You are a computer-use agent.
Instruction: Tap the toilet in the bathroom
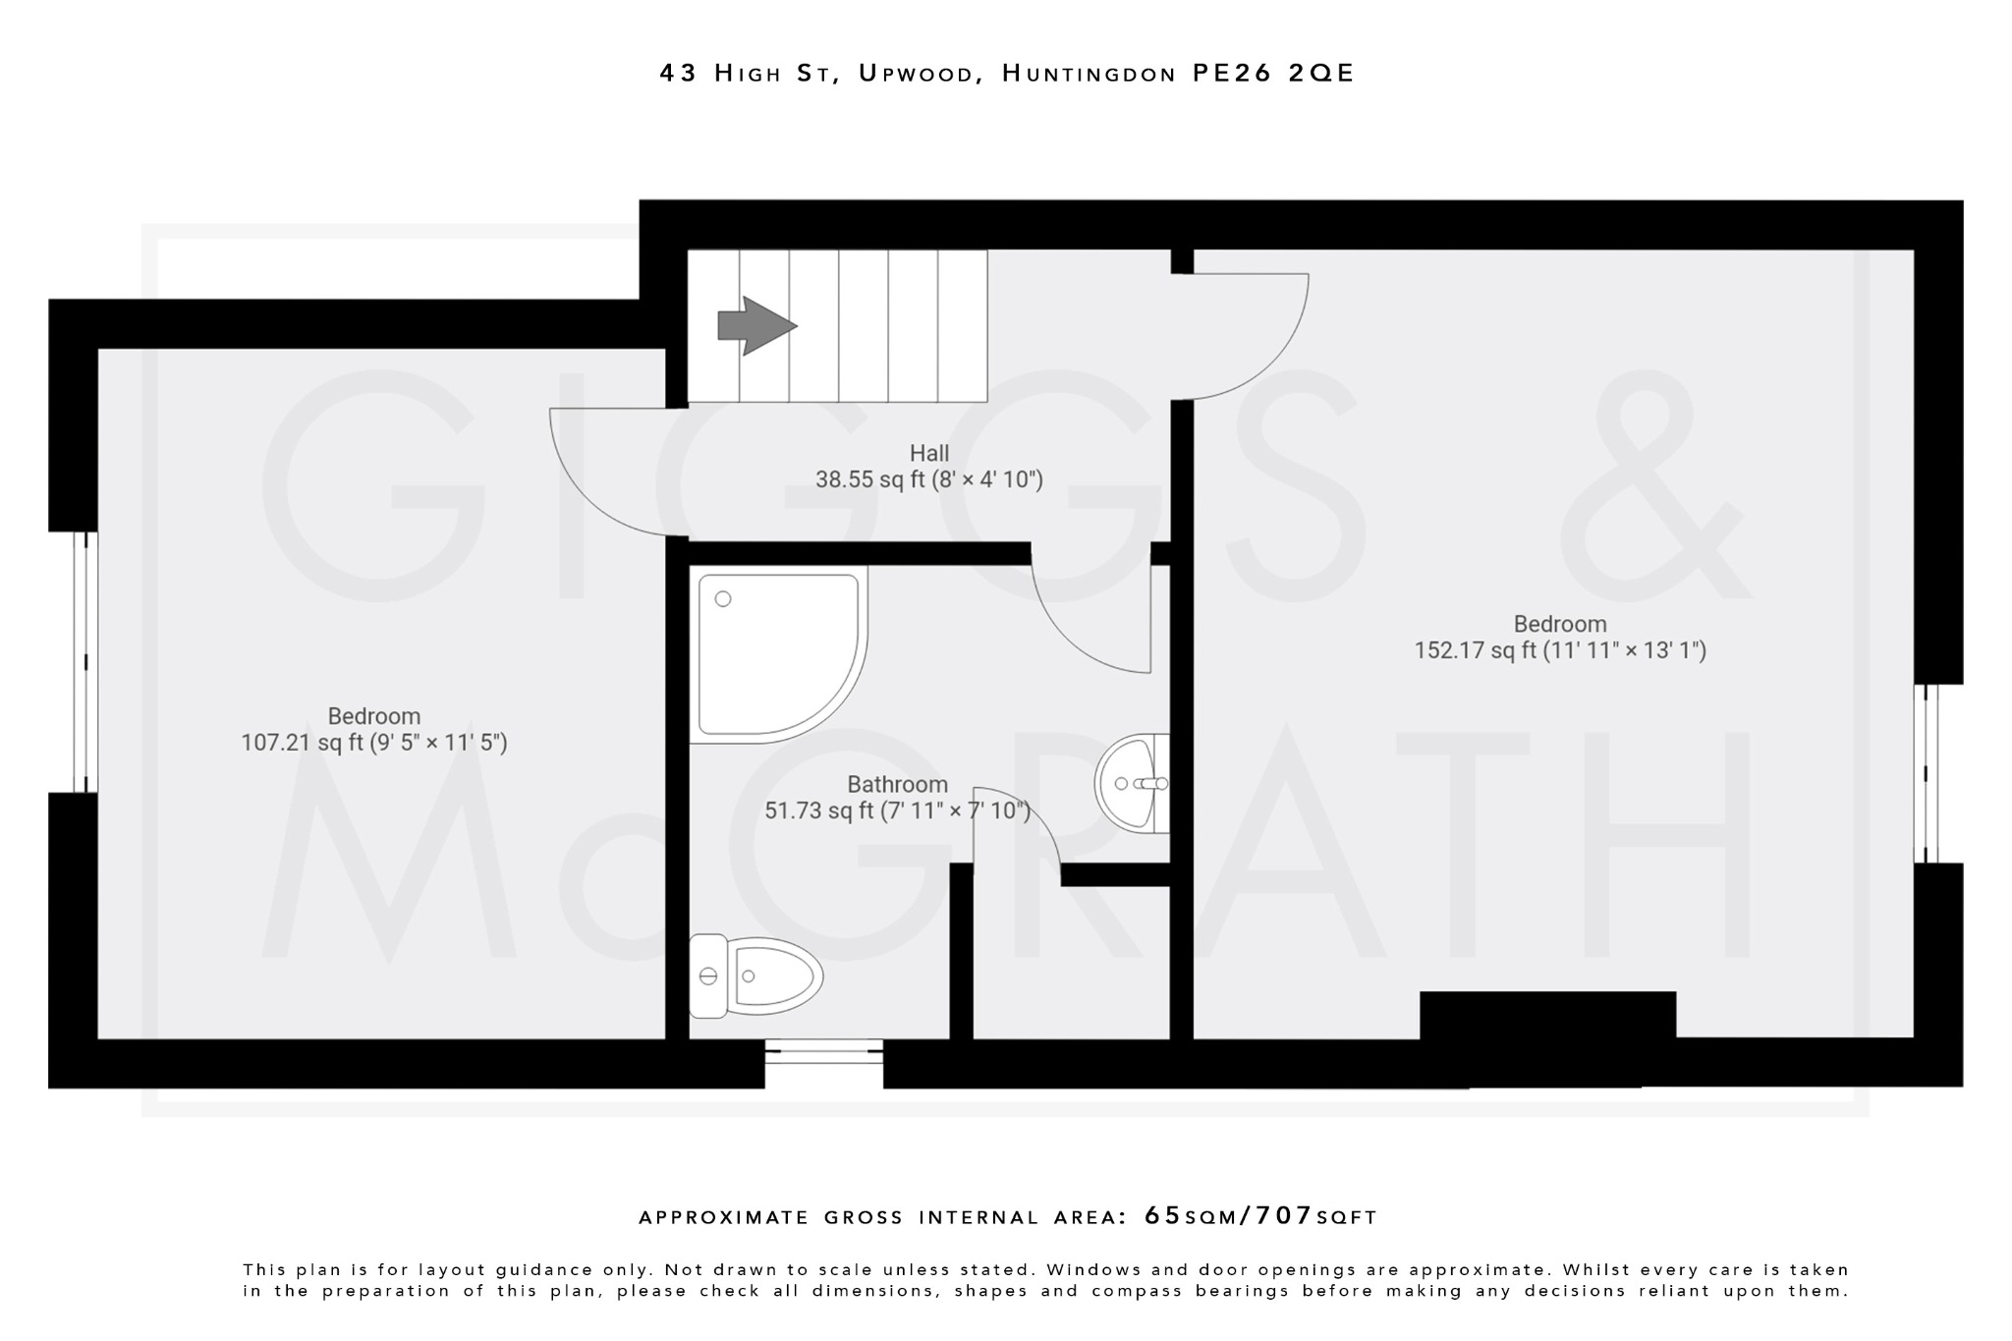point(755,976)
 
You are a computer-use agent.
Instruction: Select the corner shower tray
point(776,655)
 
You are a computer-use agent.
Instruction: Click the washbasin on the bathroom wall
point(1133,783)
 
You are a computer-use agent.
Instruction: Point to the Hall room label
point(928,453)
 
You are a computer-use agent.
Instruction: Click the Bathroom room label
point(897,784)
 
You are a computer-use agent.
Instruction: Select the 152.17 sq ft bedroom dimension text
point(1559,650)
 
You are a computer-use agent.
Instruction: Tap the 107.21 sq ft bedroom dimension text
point(374,743)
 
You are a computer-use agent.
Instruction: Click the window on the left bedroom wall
point(85,661)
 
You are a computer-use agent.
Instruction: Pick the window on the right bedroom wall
point(1927,773)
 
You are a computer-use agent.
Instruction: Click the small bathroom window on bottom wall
point(823,1052)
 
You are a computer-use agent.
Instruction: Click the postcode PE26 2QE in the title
point(1273,74)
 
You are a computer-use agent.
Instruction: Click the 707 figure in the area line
point(1283,1216)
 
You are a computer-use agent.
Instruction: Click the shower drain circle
point(723,598)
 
